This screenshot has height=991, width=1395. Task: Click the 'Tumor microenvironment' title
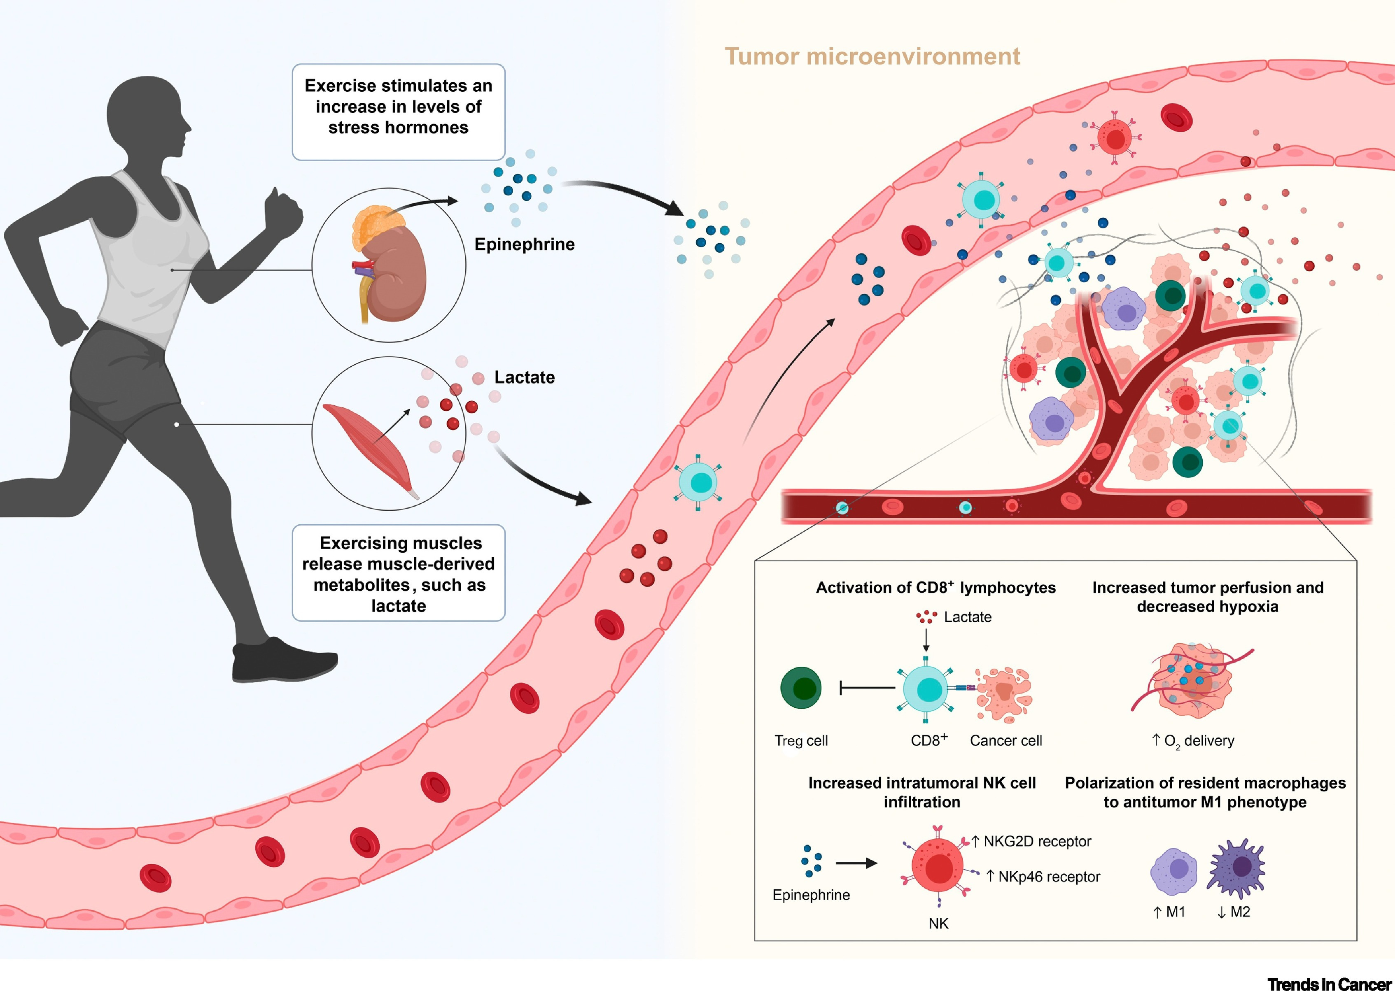[x=872, y=56]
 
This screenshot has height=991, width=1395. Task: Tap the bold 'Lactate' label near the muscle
[x=525, y=377]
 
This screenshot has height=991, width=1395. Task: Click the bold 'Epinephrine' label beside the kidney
[x=525, y=244]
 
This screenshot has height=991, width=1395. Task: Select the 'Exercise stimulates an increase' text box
[x=399, y=112]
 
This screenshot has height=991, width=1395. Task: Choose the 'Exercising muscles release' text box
[x=399, y=573]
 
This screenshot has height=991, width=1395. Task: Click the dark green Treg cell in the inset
[x=801, y=688]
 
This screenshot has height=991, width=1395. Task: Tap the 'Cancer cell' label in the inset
[x=1006, y=740]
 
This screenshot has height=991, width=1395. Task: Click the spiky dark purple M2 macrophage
[x=1236, y=868]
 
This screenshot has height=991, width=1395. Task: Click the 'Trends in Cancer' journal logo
[x=1330, y=984]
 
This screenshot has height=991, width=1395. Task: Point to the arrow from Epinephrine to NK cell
[x=856, y=863]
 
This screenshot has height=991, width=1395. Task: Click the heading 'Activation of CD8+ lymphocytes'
[x=936, y=587]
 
